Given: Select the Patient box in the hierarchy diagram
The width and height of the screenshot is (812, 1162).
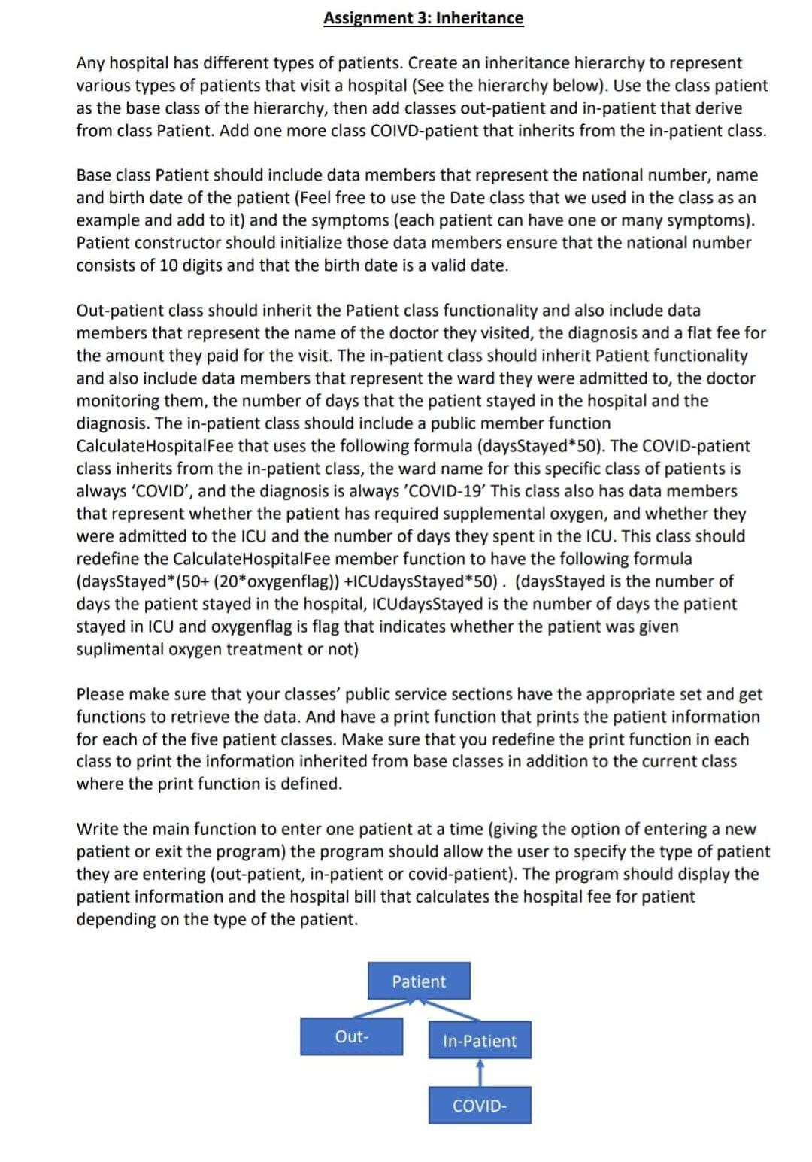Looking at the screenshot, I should click(x=420, y=981).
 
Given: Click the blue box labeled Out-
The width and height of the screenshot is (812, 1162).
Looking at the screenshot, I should click(x=351, y=1036).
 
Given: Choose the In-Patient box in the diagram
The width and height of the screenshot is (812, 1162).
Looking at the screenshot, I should click(x=480, y=1041).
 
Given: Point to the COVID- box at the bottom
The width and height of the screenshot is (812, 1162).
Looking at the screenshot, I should click(x=480, y=1106).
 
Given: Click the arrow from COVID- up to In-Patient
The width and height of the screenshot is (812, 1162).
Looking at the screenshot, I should click(x=480, y=1072).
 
